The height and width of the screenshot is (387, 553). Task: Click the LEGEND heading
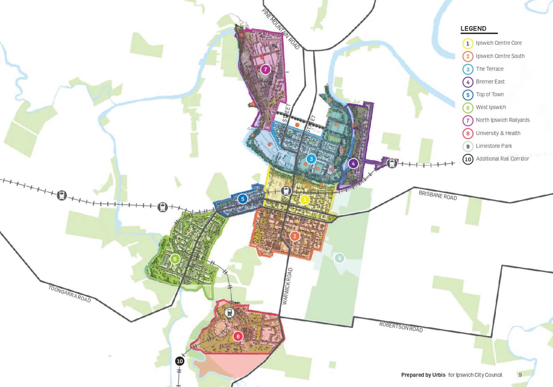(x=473, y=28)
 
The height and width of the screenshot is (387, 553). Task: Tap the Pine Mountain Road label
(x=281, y=29)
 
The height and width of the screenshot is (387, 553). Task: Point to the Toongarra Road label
(x=70, y=294)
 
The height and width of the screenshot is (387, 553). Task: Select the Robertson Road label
(x=401, y=327)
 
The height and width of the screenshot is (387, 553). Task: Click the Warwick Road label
(x=287, y=286)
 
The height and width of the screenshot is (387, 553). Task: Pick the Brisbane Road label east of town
(x=438, y=195)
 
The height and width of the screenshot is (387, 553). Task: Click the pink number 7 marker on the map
(x=266, y=70)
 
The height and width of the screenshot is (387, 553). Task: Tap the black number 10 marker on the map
(x=179, y=361)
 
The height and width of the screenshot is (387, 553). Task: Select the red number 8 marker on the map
(x=238, y=336)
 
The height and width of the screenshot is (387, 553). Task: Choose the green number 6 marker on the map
(x=175, y=259)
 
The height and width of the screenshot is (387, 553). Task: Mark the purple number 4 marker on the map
(x=353, y=164)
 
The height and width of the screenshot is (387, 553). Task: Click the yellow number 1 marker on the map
(x=304, y=200)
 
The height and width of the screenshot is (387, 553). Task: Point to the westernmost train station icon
(x=62, y=195)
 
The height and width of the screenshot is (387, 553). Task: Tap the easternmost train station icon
(x=392, y=163)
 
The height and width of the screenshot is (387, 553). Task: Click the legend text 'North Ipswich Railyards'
(x=502, y=120)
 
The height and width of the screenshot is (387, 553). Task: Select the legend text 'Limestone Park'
(x=494, y=146)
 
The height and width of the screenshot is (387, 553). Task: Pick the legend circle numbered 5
(x=468, y=95)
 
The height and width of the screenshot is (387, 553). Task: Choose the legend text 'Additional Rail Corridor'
(x=502, y=159)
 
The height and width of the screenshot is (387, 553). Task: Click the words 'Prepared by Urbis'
(x=423, y=375)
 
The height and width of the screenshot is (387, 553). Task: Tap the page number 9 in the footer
(x=520, y=375)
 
